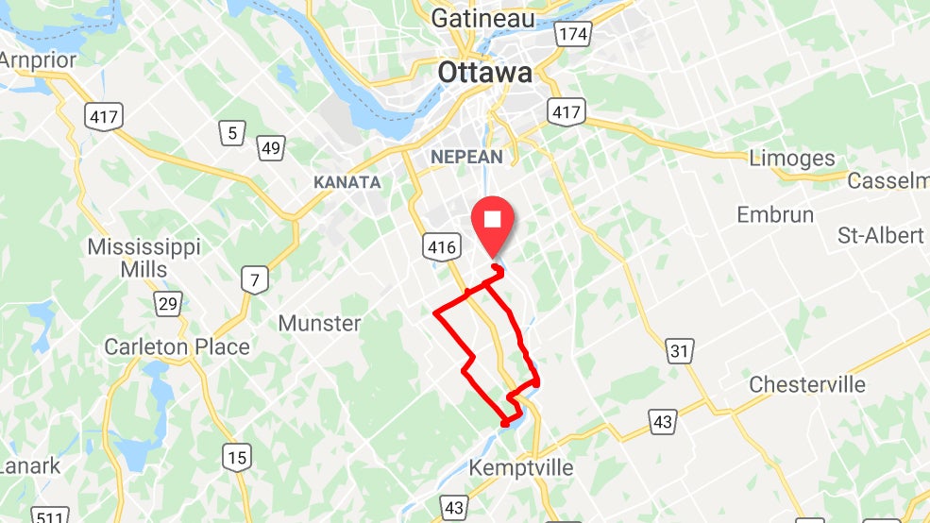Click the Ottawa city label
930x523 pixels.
point(484,73)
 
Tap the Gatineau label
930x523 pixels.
point(482,18)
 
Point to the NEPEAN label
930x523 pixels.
point(466,157)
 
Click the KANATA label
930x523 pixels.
point(347,182)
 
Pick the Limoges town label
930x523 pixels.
point(792,158)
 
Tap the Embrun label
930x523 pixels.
point(775,215)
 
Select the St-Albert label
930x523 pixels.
point(880,235)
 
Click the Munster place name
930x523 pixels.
point(319,323)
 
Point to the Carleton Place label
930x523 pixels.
point(177,346)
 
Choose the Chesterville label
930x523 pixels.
point(807,384)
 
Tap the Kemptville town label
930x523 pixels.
point(521,467)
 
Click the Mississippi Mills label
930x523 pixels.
point(144,258)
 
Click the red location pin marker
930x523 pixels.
point(493,222)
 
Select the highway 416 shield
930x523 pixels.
point(441,247)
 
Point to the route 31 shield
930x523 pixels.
point(679,350)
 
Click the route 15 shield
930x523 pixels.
point(237,458)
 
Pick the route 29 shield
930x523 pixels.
point(168,304)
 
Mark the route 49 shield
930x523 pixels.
point(271,147)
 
